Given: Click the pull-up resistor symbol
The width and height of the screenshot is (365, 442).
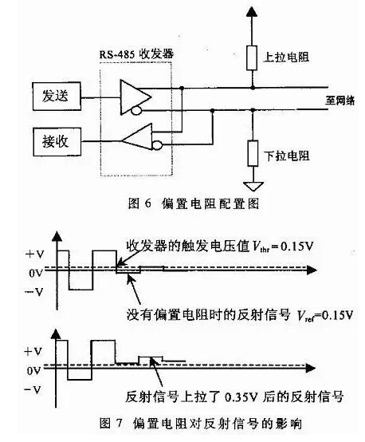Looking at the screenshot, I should coord(252,56).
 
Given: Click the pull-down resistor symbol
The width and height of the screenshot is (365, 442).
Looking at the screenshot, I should coord(252,152).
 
